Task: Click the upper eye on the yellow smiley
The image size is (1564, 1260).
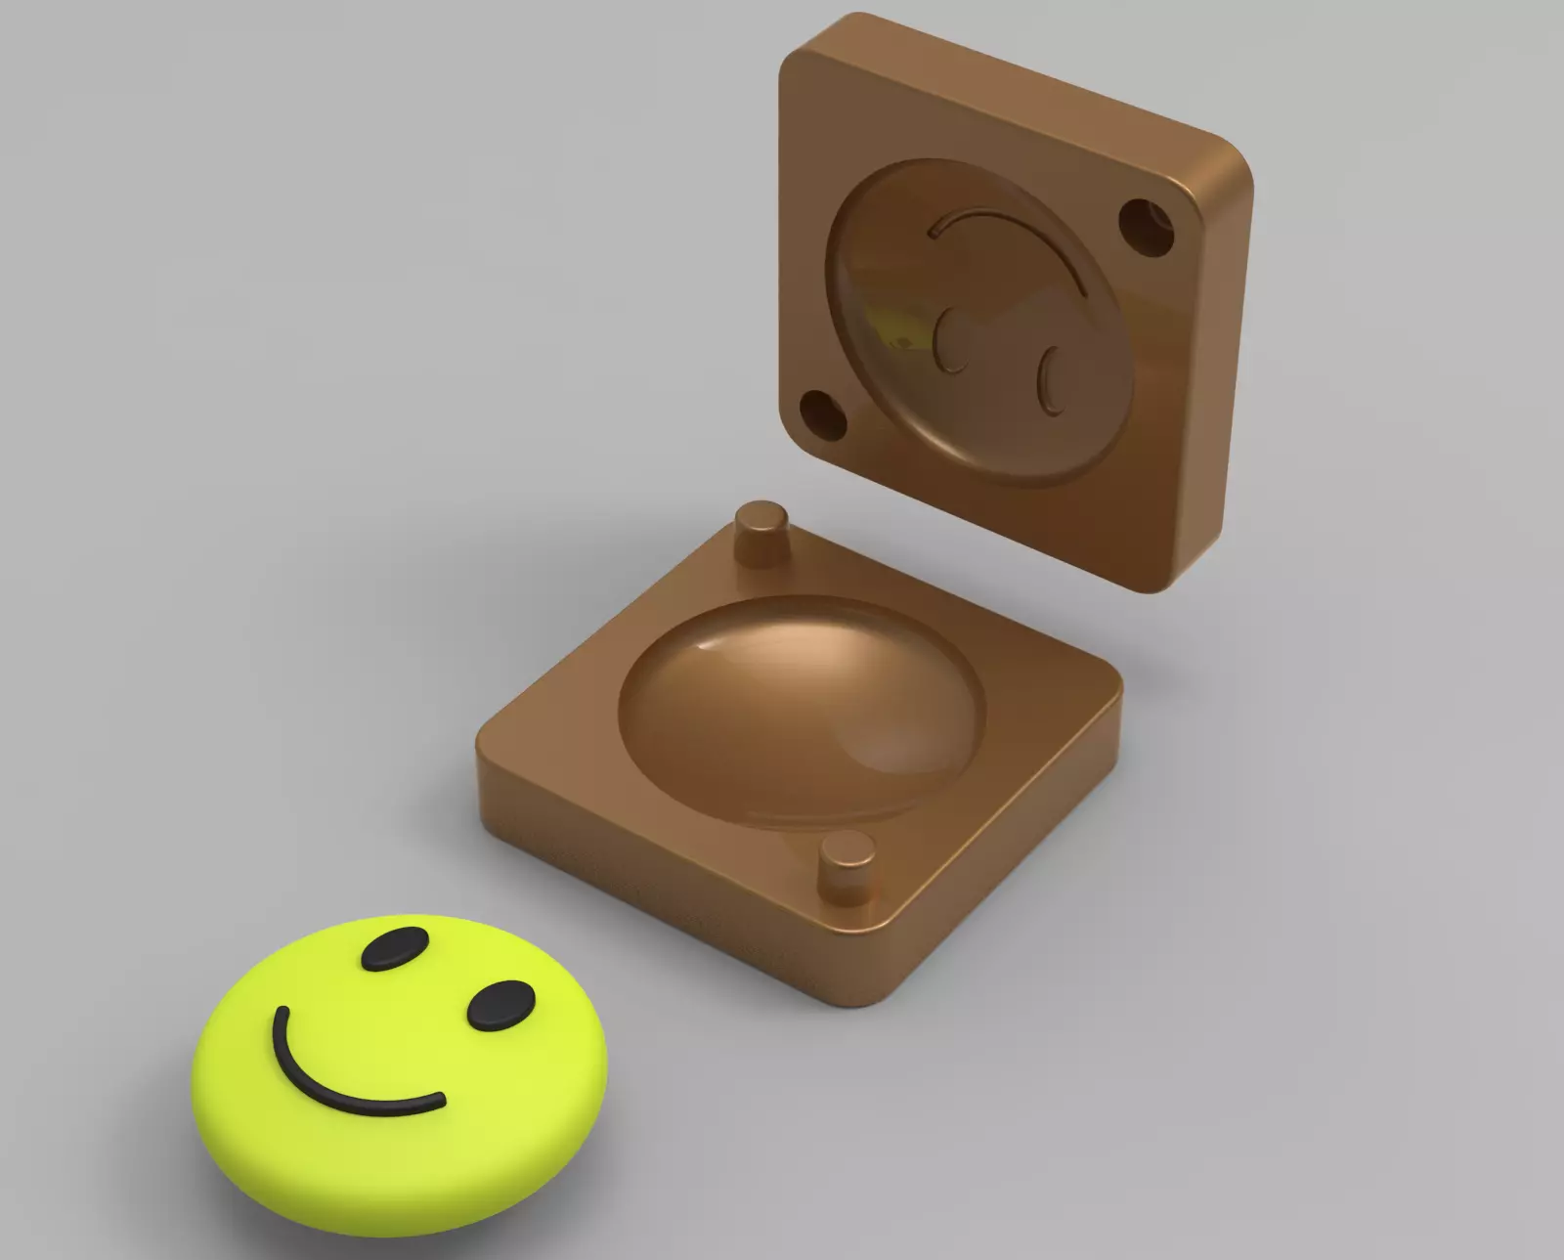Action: click(x=395, y=947)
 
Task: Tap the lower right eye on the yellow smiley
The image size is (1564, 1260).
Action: click(x=501, y=1007)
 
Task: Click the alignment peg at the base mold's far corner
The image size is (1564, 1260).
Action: click(x=761, y=534)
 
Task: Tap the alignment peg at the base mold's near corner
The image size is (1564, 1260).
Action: click(x=846, y=864)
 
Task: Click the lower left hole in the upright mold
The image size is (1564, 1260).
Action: click(x=824, y=414)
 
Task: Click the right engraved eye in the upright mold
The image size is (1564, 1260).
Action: click(x=1052, y=381)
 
